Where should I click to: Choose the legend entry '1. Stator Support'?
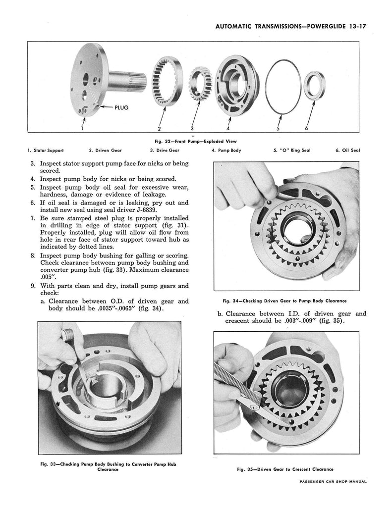click(46, 150)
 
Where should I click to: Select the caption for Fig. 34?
click(284, 301)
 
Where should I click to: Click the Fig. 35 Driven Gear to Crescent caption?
click(284, 469)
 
